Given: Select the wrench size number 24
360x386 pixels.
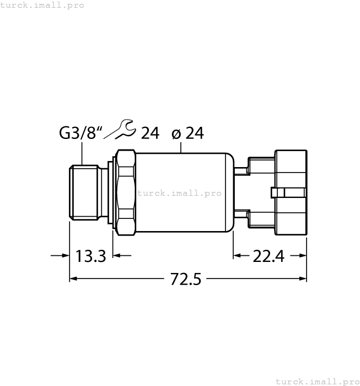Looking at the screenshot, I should (150, 133).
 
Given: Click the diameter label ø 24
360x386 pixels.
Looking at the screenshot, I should (187, 133).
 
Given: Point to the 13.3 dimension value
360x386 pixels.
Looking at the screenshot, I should (90, 256).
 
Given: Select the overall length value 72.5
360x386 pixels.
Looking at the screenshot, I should (186, 280).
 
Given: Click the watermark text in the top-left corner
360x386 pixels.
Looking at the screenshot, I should (42, 5).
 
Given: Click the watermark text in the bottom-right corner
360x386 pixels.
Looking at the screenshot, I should (316, 381).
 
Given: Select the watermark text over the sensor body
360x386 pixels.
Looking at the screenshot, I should (179, 193).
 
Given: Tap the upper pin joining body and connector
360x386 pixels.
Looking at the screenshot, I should (241, 167).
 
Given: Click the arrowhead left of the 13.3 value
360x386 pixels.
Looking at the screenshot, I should (64, 255).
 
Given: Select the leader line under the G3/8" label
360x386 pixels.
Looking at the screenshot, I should (82, 153).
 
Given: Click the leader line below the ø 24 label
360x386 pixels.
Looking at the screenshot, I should (181, 147).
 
